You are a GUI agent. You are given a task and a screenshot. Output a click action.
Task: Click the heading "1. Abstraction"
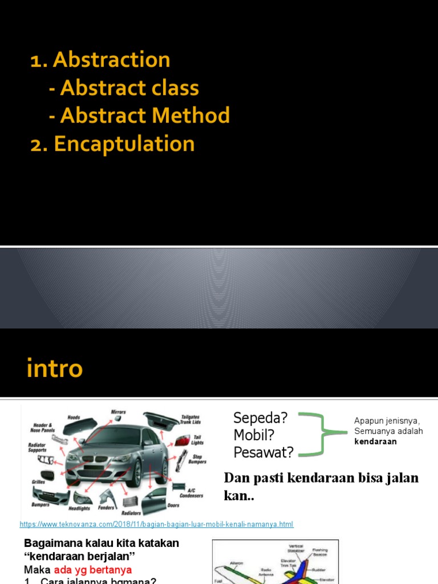100,60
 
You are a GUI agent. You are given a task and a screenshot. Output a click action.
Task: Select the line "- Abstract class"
124,88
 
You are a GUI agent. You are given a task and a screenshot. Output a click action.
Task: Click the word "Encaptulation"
124,144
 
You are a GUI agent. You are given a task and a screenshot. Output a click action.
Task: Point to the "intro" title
55,369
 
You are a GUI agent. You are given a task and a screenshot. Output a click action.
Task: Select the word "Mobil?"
254,435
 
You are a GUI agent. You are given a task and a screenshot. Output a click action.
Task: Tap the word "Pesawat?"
263,453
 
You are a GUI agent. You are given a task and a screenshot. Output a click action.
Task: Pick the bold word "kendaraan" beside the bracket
375,441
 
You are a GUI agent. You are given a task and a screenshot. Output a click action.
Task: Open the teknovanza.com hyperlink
156,524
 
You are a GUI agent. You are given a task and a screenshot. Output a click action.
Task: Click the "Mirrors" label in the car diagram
118,412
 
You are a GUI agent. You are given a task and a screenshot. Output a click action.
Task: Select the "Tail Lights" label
197,440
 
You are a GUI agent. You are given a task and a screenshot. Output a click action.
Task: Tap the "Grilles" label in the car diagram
38,482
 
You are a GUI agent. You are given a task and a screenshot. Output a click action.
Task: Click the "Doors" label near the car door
173,505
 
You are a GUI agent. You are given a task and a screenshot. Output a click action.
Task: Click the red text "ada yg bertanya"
93,570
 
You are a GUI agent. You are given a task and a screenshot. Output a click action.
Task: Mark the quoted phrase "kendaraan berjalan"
82,556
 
